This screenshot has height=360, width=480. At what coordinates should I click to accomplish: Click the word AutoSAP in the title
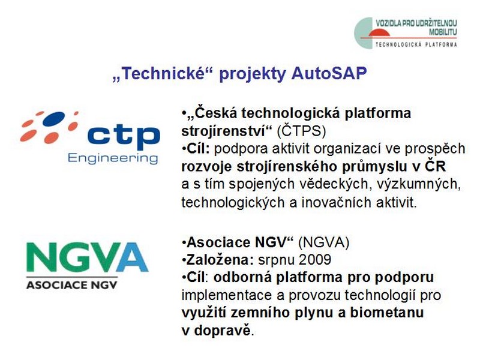(x=329, y=73)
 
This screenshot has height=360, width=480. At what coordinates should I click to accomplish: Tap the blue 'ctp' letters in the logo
(x=124, y=136)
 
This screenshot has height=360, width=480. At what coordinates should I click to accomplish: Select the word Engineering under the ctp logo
(x=113, y=158)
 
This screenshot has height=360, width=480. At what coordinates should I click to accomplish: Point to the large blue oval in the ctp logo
(x=54, y=119)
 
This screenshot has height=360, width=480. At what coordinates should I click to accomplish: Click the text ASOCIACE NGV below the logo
(x=72, y=285)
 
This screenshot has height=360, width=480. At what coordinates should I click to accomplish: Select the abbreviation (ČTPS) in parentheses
(x=301, y=131)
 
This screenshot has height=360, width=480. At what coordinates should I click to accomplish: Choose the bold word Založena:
(x=220, y=260)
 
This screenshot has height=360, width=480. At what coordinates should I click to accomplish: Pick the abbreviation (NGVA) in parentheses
(x=323, y=242)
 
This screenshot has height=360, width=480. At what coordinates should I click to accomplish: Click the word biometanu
(x=387, y=313)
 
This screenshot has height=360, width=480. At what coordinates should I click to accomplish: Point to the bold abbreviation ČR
(x=435, y=166)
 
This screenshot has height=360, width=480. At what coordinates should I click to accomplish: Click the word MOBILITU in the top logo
(x=443, y=32)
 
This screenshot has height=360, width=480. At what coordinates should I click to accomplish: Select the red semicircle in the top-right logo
(x=379, y=33)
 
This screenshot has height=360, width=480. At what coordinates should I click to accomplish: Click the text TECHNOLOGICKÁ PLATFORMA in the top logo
(x=416, y=44)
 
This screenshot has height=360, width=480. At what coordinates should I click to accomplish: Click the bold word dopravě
(x=223, y=331)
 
